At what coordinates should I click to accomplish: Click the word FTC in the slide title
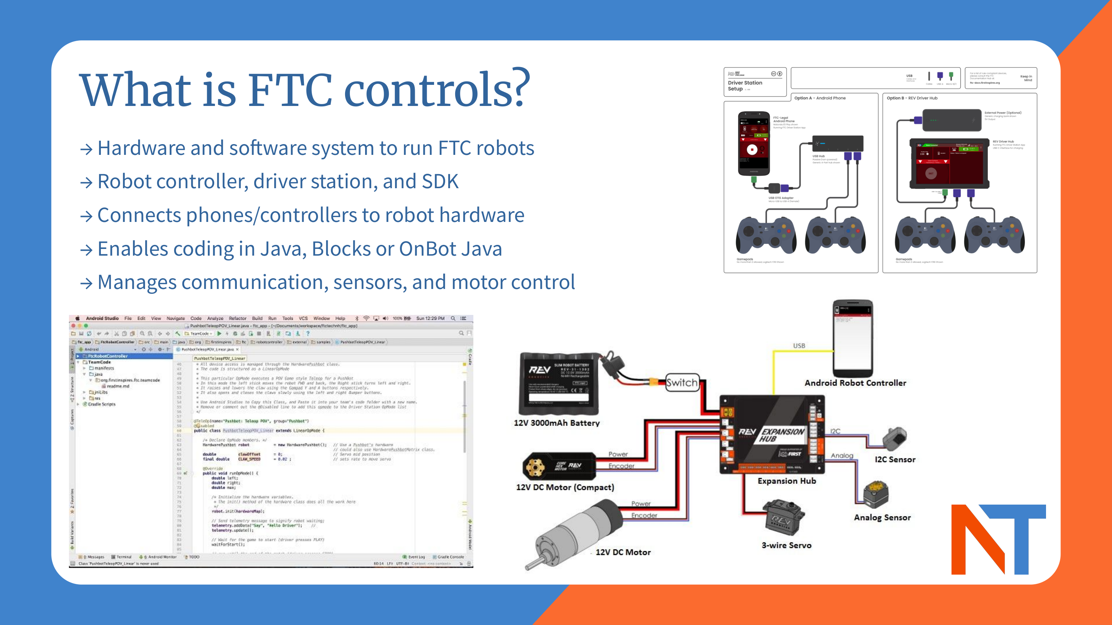point(289,90)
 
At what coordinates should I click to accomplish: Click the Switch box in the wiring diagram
point(682,383)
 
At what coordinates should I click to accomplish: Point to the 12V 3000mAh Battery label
point(556,423)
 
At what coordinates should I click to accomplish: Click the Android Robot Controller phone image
point(853,339)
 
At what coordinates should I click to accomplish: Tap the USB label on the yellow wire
point(799,346)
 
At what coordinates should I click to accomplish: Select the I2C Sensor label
point(895,460)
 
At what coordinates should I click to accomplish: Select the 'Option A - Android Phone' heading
point(820,98)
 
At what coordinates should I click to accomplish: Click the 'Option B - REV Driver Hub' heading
point(912,98)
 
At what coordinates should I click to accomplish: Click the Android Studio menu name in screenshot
point(102,318)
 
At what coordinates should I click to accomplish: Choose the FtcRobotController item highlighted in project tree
point(107,356)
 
